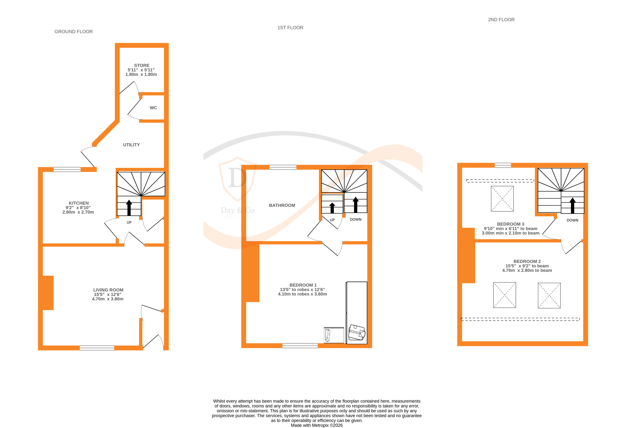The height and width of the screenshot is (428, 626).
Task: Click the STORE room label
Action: click(142, 65)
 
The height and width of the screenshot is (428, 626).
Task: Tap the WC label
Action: click(153, 108)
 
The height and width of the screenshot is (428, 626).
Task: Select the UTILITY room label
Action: click(131, 145)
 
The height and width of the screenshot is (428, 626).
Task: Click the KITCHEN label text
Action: click(79, 203)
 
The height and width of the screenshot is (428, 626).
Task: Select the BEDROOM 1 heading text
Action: click(303, 285)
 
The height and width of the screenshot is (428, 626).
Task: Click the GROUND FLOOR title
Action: click(74, 32)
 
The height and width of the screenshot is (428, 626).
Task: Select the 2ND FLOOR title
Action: click(501, 20)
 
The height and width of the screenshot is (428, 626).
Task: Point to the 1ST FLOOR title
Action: click(290, 28)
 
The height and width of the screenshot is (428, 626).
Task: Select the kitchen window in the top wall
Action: click(67, 169)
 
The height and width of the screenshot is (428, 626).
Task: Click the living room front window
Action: click(97, 348)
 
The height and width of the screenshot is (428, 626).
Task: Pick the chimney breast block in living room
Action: click(48, 293)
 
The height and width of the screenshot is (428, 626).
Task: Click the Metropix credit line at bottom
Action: click(317, 425)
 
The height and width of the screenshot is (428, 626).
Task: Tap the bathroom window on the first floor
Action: click(283, 167)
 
